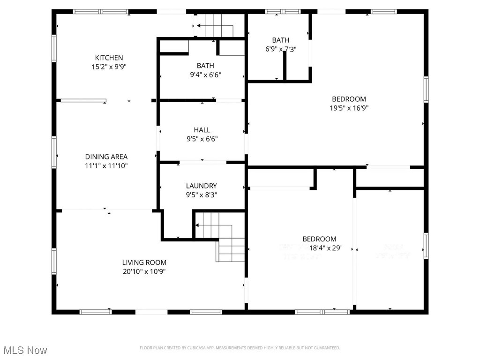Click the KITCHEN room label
tap(109, 58)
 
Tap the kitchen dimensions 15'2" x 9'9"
tap(109, 67)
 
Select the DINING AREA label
tap(106, 157)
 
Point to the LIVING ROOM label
tap(144, 262)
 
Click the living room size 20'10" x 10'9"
tap(144, 271)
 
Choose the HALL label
tap(202, 130)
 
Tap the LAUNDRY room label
tap(201, 186)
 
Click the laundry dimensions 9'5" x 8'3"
tap(201, 195)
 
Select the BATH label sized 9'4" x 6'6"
tap(205, 66)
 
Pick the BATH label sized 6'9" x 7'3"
tap(280, 40)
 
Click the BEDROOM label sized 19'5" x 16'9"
tap(349, 99)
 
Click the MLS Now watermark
tap(25, 350)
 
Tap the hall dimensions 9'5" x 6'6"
tap(202, 139)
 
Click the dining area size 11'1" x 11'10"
tap(106, 165)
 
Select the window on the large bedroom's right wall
tap(426, 89)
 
